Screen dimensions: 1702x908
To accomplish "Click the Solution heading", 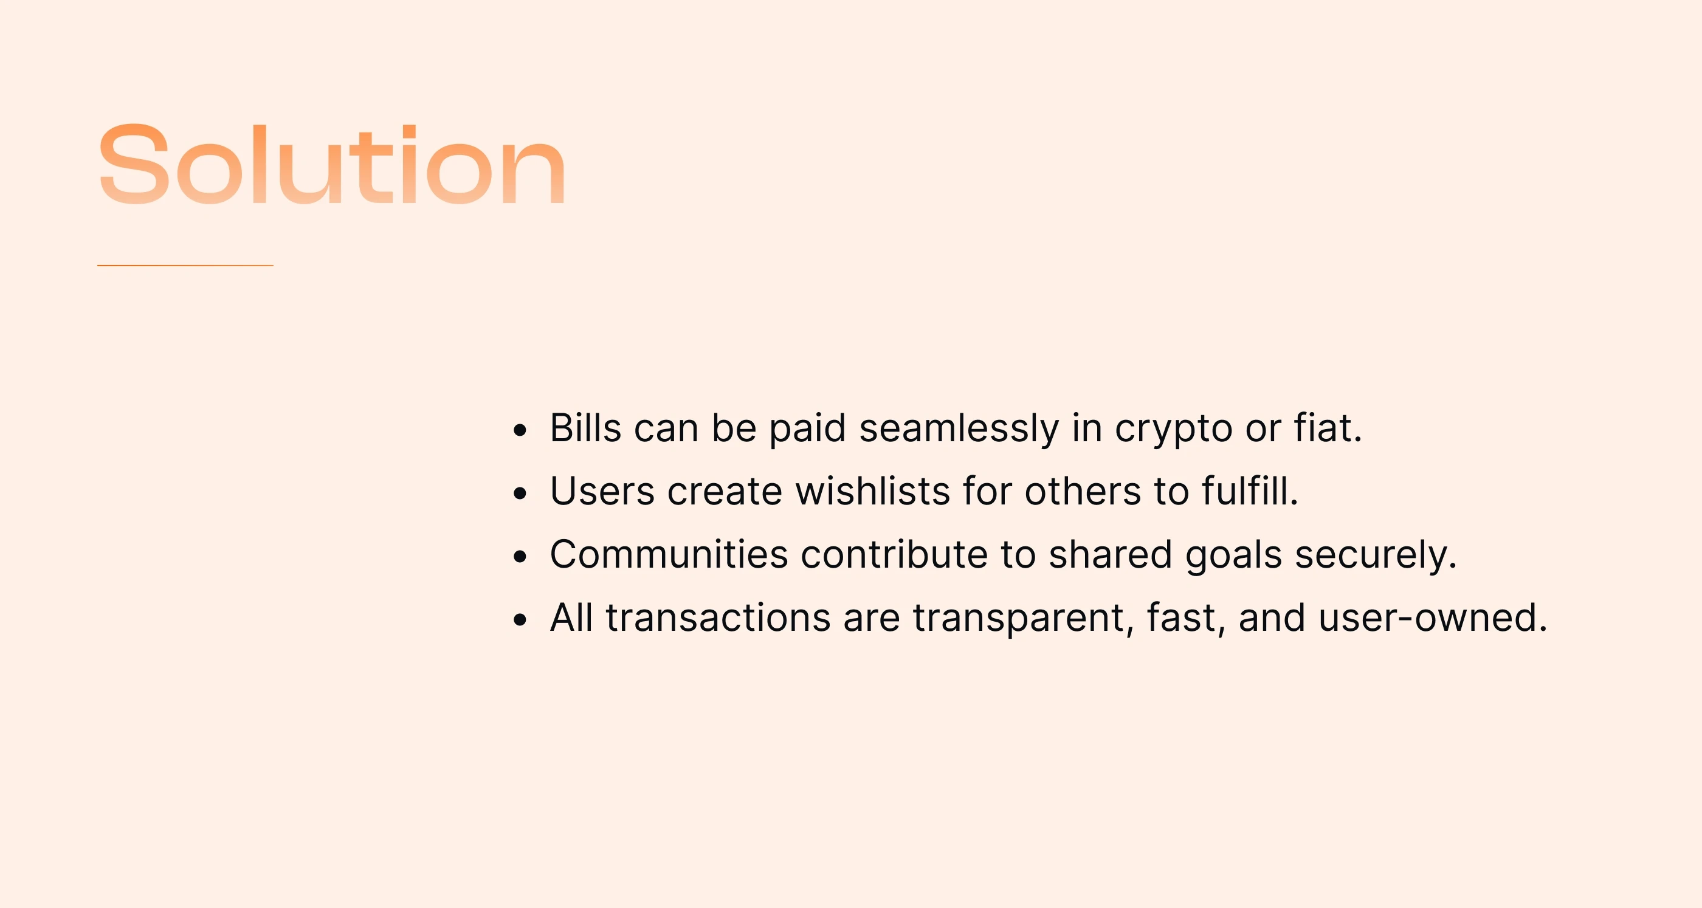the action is point(332,164).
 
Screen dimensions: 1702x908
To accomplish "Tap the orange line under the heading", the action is point(185,266).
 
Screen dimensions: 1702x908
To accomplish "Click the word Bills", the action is point(585,428).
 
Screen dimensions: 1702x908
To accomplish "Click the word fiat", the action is point(1328,428).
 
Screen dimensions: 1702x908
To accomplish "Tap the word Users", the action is point(602,491).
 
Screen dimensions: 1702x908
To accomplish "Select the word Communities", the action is point(669,554).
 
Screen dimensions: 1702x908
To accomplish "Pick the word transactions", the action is point(718,618).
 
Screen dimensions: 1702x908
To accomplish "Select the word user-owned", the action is point(1433,618).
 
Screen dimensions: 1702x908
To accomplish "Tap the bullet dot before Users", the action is point(520,494).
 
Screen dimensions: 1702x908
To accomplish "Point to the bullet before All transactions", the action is point(520,620).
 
